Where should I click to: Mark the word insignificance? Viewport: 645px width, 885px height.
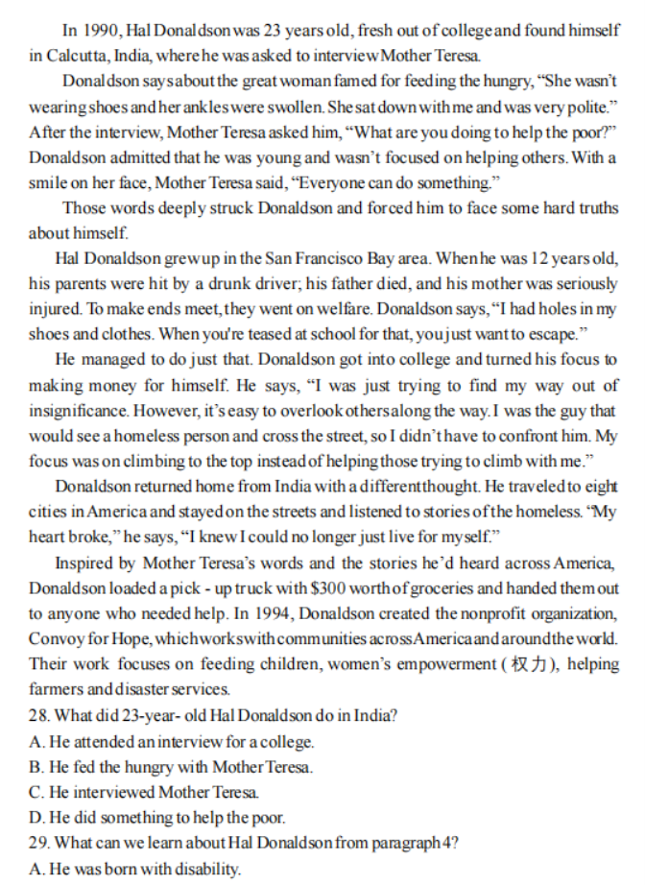(78, 410)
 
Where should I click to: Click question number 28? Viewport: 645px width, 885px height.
(39, 715)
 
